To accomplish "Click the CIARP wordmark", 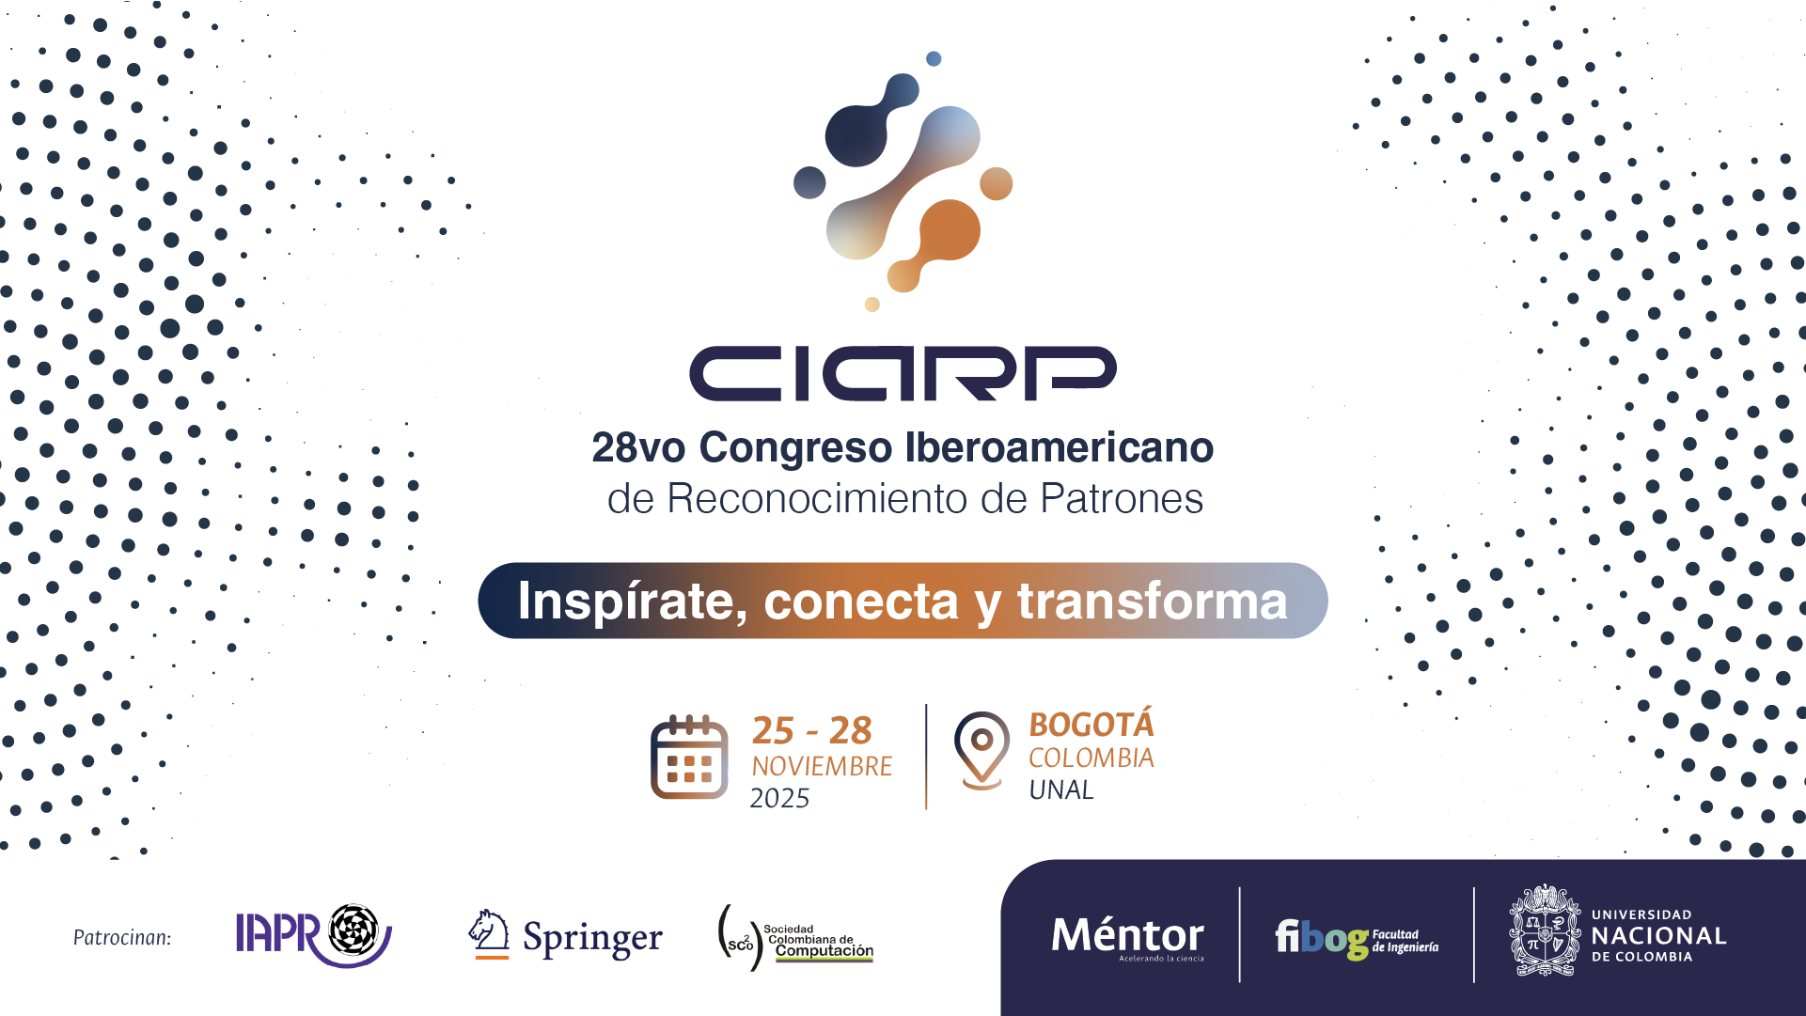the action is tap(903, 373).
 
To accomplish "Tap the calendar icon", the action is tap(689, 757).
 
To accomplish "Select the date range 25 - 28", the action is tap(811, 730).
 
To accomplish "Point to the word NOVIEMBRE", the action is tap(822, 766).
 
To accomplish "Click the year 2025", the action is tap(779, 798).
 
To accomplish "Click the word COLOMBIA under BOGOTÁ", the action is tap(1091, 758).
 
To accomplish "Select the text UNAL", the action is tap(1061, 789).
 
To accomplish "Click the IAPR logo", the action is tap(313, 935).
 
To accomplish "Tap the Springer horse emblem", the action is tap(489, 934).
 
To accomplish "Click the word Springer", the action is tap(592, 938).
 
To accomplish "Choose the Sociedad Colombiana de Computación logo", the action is tap(795, 938).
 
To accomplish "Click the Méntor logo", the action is tap(1127, 937).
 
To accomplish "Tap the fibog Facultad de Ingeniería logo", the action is tap(1357, 939).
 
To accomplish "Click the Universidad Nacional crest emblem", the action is tap(1545, 930).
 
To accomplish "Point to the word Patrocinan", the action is tap(122, 938).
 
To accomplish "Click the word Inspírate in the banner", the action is tap(633, 602).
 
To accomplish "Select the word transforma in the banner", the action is tap(1153, 602).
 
